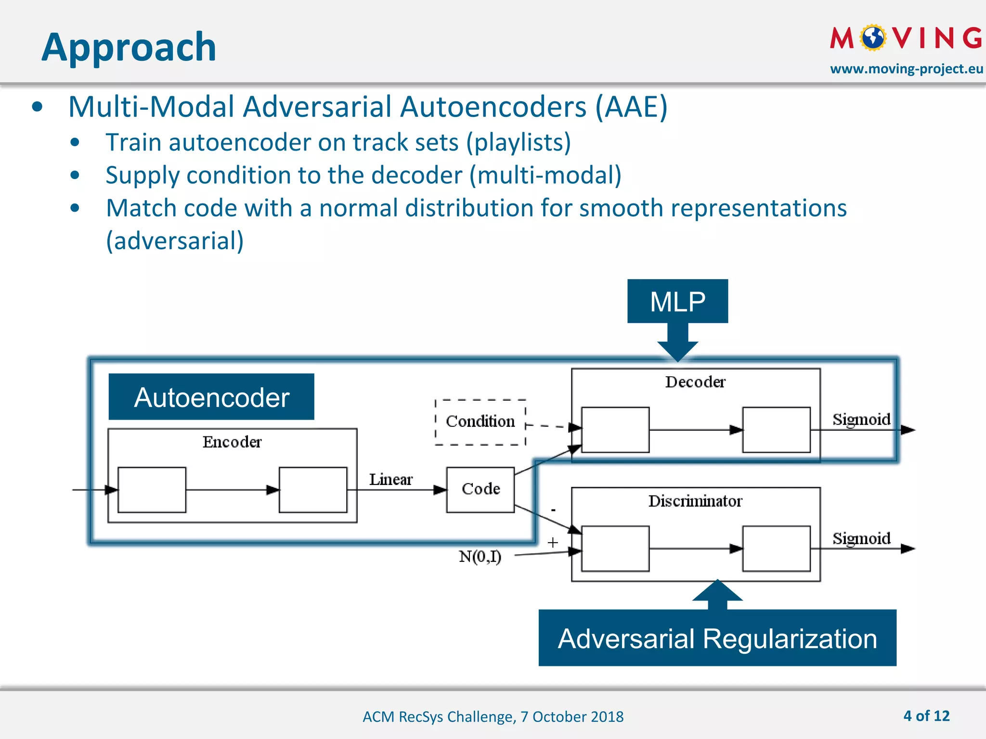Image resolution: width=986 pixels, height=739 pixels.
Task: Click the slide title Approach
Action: coord(129,47)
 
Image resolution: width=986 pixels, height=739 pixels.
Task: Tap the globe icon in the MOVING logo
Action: coord(873,38)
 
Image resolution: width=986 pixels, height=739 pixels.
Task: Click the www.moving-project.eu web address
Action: coord(906,69)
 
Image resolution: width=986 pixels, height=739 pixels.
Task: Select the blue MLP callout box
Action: coord(677,302)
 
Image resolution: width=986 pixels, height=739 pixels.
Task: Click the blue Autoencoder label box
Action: coord(211,397)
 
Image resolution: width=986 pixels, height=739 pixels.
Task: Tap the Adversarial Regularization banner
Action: coord(717,638)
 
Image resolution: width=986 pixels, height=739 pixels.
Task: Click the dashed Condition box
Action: coord(480,421)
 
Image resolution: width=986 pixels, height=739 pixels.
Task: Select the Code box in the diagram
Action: coord(480,489)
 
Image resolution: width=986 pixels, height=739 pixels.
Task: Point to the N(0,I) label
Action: coord(480,557)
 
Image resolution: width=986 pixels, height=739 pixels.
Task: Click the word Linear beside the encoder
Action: coord(390,479)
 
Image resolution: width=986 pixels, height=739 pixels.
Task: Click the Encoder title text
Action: coord(232,442)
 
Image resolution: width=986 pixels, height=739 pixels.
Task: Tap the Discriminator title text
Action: coord(695,501)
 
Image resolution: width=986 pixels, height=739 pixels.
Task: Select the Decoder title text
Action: coord(695,382)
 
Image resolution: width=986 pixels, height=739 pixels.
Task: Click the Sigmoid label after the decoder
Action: coord(861,419)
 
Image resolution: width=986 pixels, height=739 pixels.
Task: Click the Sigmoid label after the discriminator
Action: coord(861,538)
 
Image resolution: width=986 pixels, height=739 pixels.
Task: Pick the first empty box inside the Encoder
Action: coord(152,490)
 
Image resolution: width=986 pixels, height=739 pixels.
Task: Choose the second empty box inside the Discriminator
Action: coord(776,548)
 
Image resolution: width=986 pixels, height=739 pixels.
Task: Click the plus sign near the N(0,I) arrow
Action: coord(553,543)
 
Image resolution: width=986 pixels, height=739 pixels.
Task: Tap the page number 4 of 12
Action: coord(926,716)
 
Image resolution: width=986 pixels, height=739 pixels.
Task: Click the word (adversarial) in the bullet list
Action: coord(175,241)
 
